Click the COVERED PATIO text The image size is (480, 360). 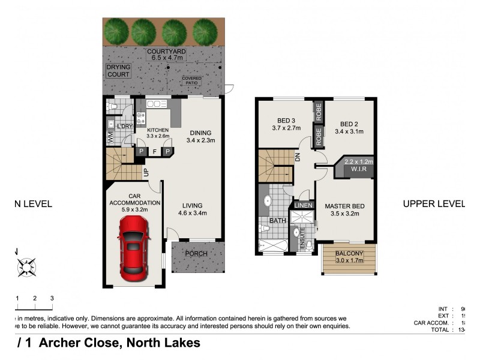click(x=193, y=80)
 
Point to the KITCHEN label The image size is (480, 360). click(x=158, y=130)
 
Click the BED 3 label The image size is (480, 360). click(x=286, y=119)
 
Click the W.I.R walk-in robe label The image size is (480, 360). click(x=358, y=170)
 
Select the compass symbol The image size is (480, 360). click(x=26, y=266)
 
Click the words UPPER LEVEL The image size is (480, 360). click(x=433, y=203)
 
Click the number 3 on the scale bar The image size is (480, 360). click(x=52, y=298)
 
